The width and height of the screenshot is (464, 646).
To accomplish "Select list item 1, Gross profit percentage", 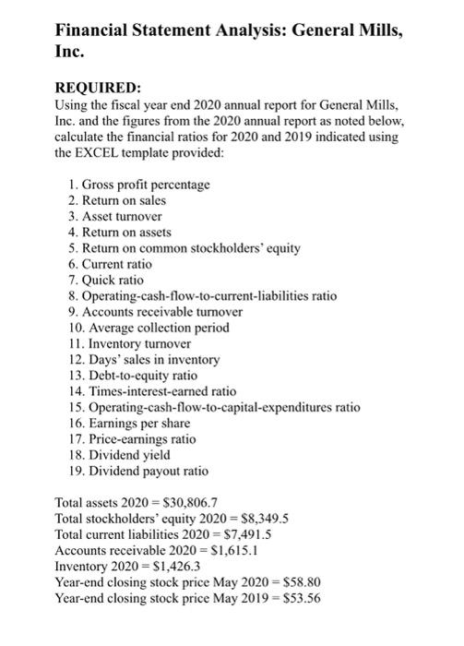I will coord(139,185).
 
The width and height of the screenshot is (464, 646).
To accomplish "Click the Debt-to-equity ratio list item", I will coord(139,375).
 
